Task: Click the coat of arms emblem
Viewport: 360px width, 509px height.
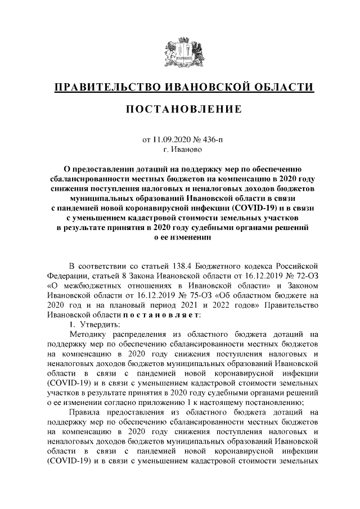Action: pyautogui.click(x=179, y=53)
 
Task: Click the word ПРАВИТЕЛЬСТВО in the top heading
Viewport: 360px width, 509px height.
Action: pyautogui.click(x=103, y=87)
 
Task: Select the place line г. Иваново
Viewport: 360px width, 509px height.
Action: pyautogui.click(x=179, y=150)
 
